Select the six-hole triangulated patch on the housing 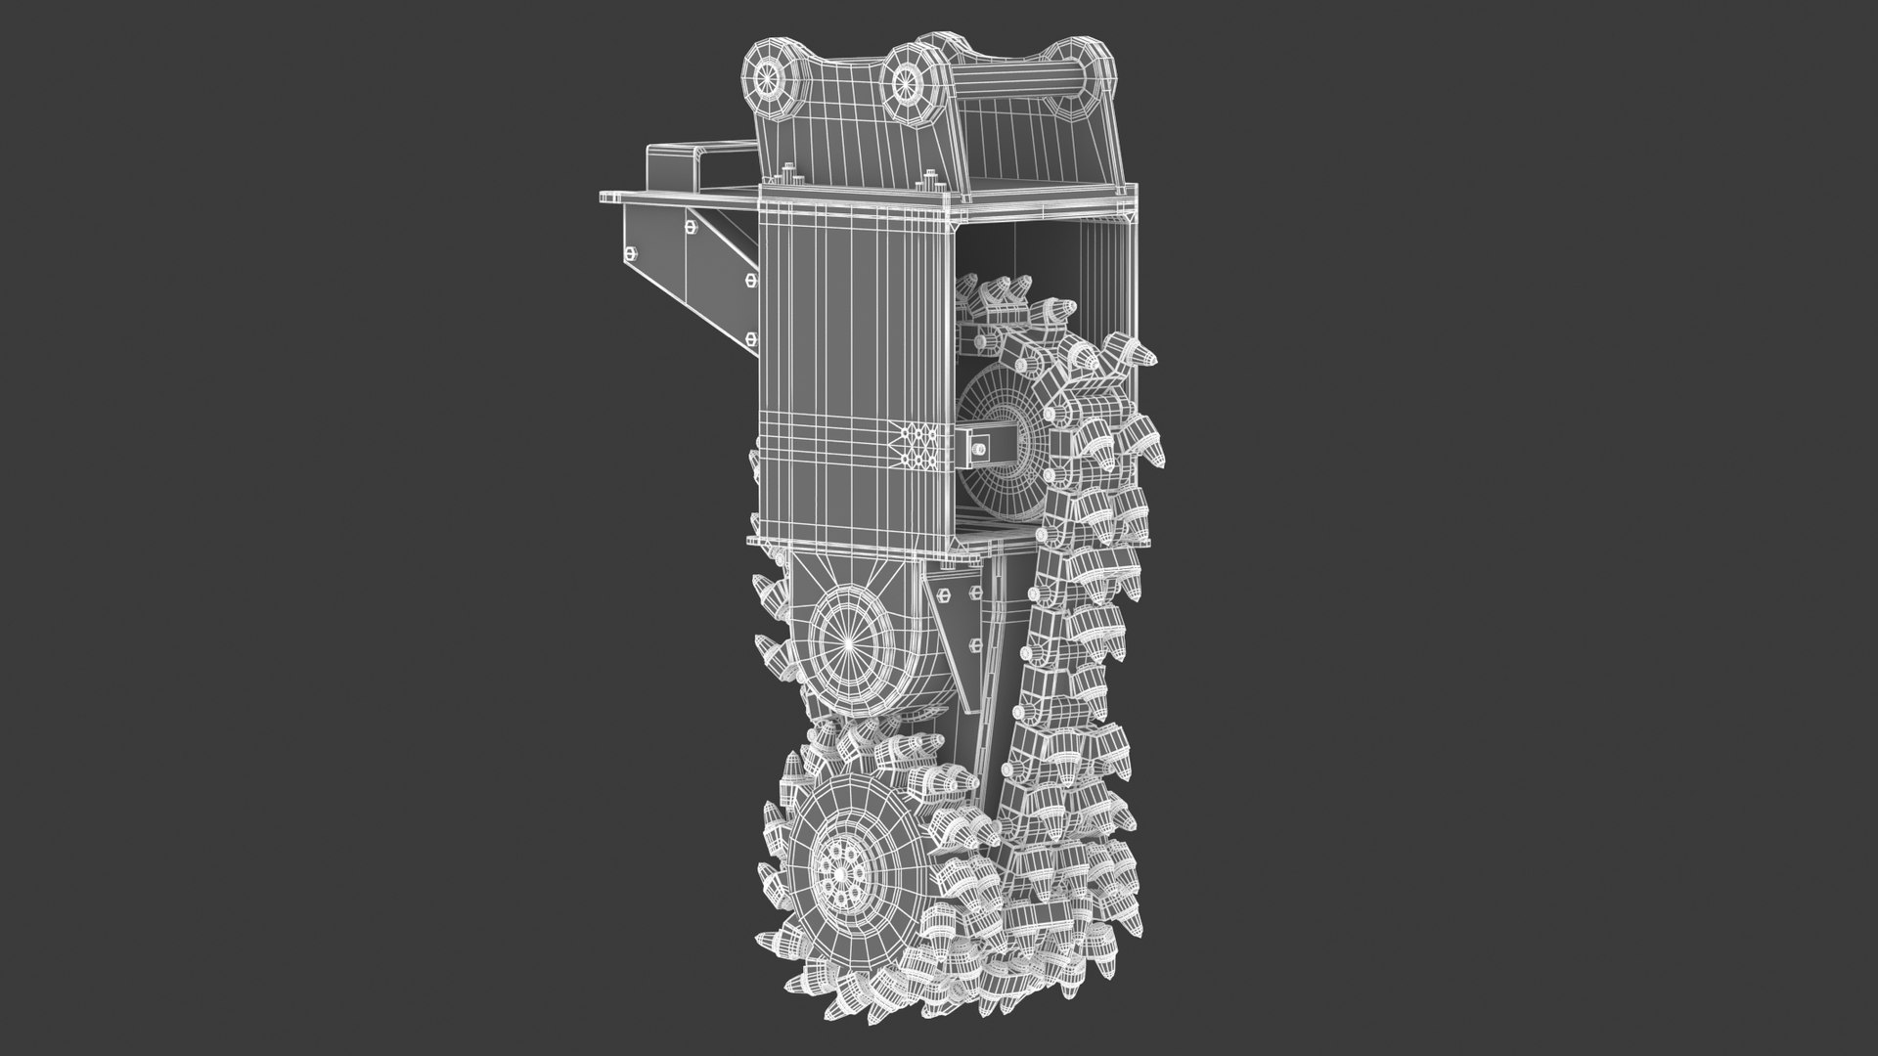coord(919,447)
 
